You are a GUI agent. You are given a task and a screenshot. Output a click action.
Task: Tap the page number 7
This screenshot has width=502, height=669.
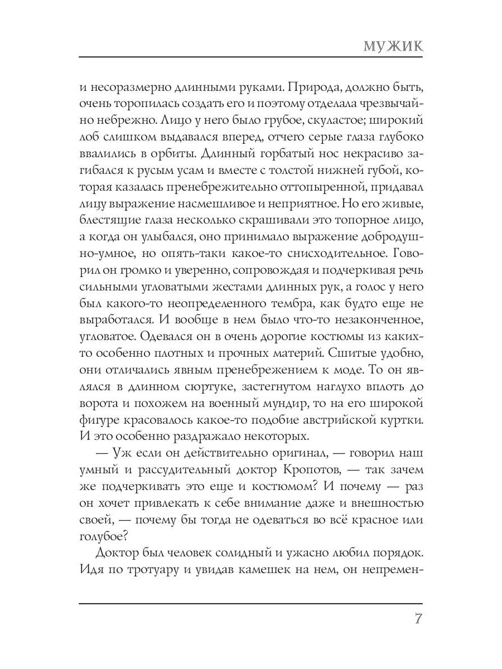click(x=417, y=620)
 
